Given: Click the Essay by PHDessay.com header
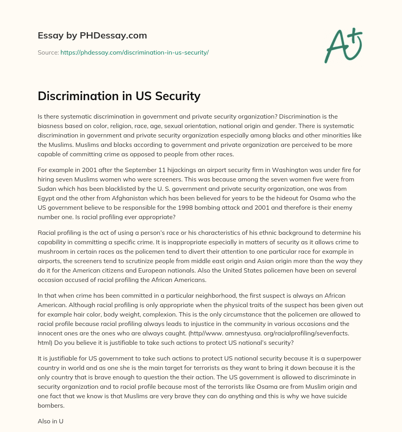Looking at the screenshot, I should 92,36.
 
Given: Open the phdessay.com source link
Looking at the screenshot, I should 135,52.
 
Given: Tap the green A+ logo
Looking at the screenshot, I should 343,45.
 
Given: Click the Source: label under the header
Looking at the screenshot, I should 48,52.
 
